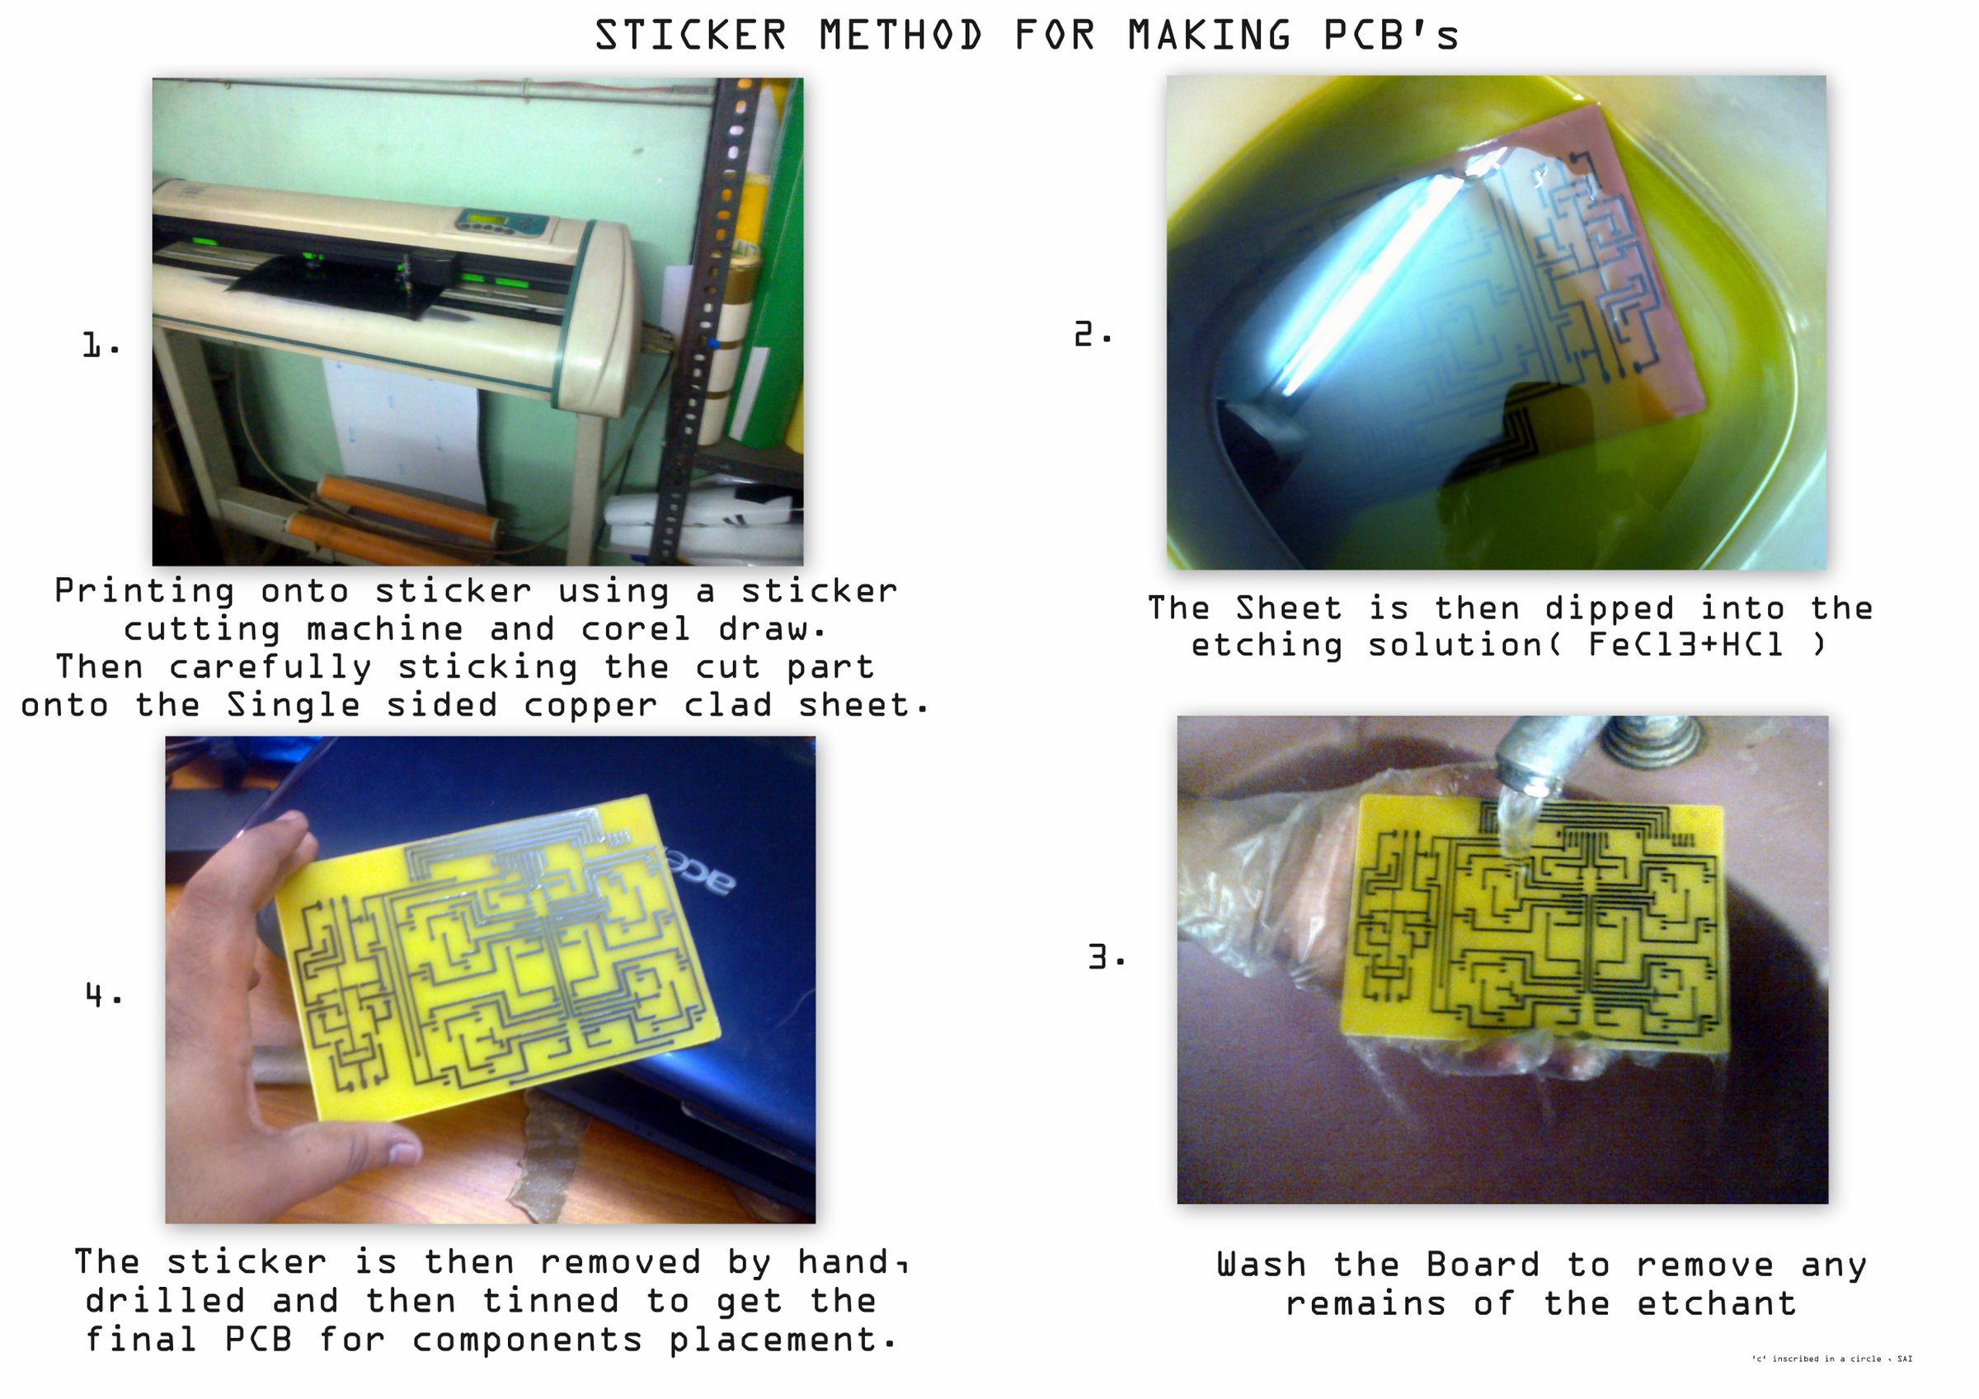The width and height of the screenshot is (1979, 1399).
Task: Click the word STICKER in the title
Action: [x=690, y=36]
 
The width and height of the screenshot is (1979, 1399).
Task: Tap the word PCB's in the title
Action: [x=1390, y=36]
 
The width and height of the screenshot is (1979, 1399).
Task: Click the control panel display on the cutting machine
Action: [x=492, y=221]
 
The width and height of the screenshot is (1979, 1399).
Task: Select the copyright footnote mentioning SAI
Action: [x=1831, y=1359]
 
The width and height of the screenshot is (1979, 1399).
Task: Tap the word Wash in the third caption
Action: [x=1260, y=1265]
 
